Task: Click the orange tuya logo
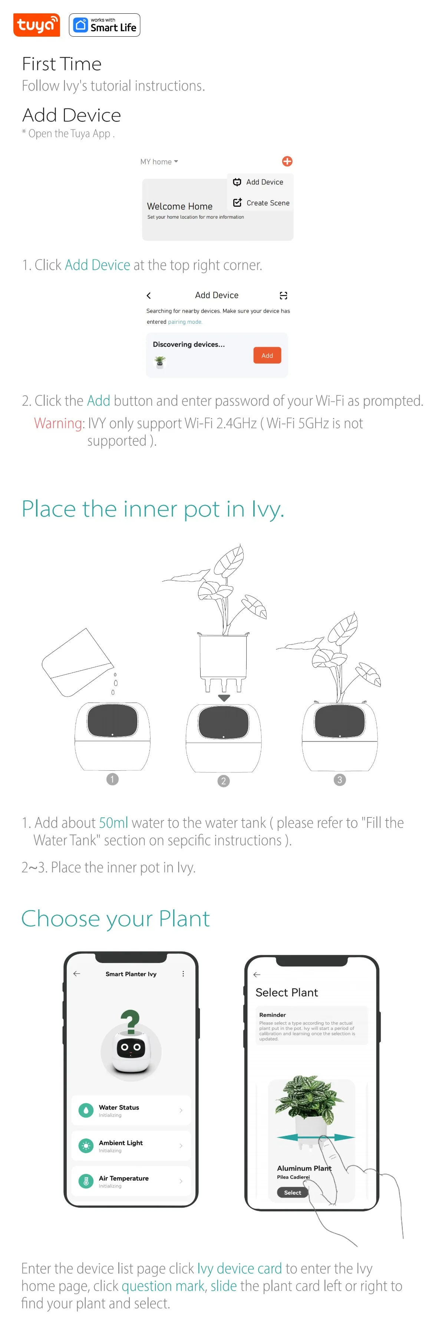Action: [x=36, y=25]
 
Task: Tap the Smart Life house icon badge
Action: [x=81, y=25]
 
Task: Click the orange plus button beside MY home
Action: [x=287, y=161]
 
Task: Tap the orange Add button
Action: [x=267, y=355]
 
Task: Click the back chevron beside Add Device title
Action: [x=149, y=295]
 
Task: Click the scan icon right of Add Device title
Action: [x=283, y=295]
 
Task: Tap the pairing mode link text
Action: [x=185, y=322]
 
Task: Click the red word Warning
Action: [x=58, y=423]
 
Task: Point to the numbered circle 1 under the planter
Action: [x=112, y=779]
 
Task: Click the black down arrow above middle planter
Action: [x=224, y=697]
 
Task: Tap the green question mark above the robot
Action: [x=130, y=1020]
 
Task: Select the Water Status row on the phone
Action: [x=131, y=1110]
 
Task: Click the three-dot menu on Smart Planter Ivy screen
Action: [x=183, y=973]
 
